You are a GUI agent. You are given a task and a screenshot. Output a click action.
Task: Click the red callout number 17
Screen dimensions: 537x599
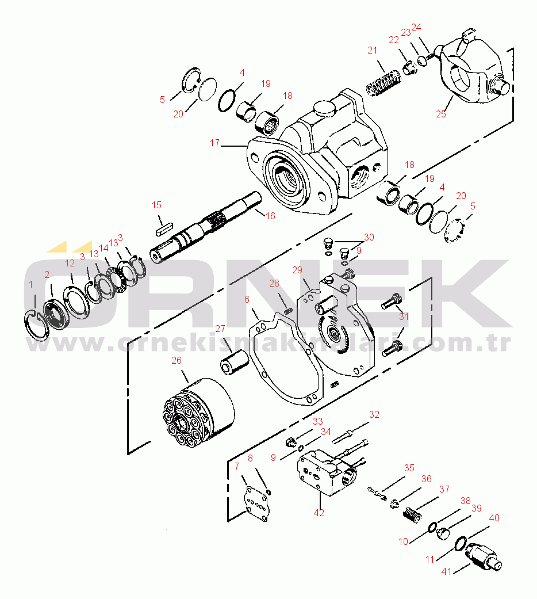point(214,143)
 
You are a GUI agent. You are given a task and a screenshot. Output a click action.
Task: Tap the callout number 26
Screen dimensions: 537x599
point(177,360)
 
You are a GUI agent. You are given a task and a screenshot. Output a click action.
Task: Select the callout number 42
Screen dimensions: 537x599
point(319,513)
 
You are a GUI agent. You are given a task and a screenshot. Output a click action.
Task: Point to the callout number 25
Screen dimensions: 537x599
point(441,114)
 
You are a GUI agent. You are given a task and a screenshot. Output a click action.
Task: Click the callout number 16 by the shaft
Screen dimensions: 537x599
point(270,216)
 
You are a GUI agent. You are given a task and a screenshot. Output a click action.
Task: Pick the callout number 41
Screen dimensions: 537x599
point(446,571)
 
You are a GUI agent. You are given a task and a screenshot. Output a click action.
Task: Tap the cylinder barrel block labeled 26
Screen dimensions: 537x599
point(199,413)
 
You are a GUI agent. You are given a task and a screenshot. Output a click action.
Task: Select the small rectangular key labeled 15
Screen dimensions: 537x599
point(164,228)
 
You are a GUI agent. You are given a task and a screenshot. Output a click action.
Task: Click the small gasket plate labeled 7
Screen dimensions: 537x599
point(257,504)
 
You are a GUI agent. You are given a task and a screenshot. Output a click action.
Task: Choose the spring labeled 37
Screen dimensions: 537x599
point(412,514)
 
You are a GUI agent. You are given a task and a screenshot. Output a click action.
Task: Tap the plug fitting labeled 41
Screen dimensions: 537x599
point(483,557)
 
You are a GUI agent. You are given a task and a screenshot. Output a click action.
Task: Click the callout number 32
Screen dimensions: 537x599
point(374,414)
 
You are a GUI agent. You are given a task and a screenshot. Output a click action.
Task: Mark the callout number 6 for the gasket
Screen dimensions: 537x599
point(247,299)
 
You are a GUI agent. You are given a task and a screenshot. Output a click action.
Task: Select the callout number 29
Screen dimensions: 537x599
point(297,270)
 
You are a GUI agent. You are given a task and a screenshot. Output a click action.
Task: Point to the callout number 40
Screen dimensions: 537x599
point(494,518)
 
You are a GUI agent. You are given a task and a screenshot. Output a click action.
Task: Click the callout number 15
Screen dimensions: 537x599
point(156,205)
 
